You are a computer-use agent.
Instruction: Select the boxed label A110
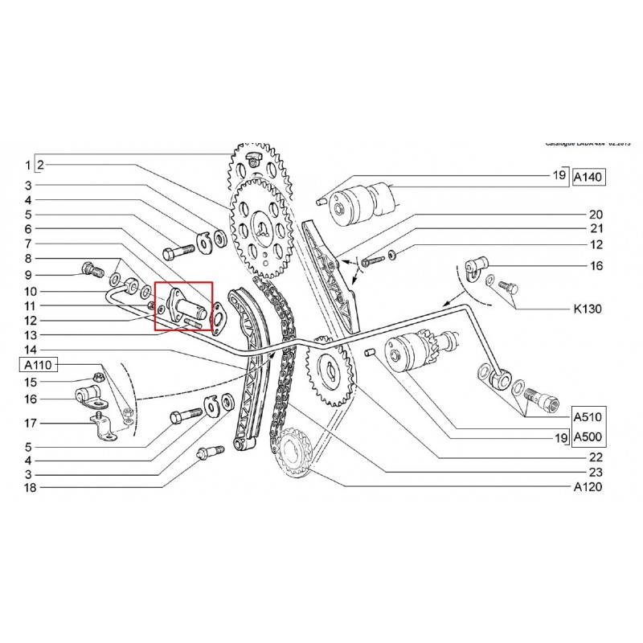click(x=35, y=366)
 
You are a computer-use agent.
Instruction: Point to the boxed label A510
click(x=590, y=417)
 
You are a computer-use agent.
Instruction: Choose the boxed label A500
click(x=590, y=438)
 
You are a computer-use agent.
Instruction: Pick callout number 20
click(x=596, y=215)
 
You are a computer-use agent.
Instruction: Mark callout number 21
click(x=596, y=230)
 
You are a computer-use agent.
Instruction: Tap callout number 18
click(x=29, y=487)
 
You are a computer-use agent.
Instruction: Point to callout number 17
click(x=29, y=422)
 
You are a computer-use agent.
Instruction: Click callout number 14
click(x=29, y=350)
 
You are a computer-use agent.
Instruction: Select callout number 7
click(x=29, y=244)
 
